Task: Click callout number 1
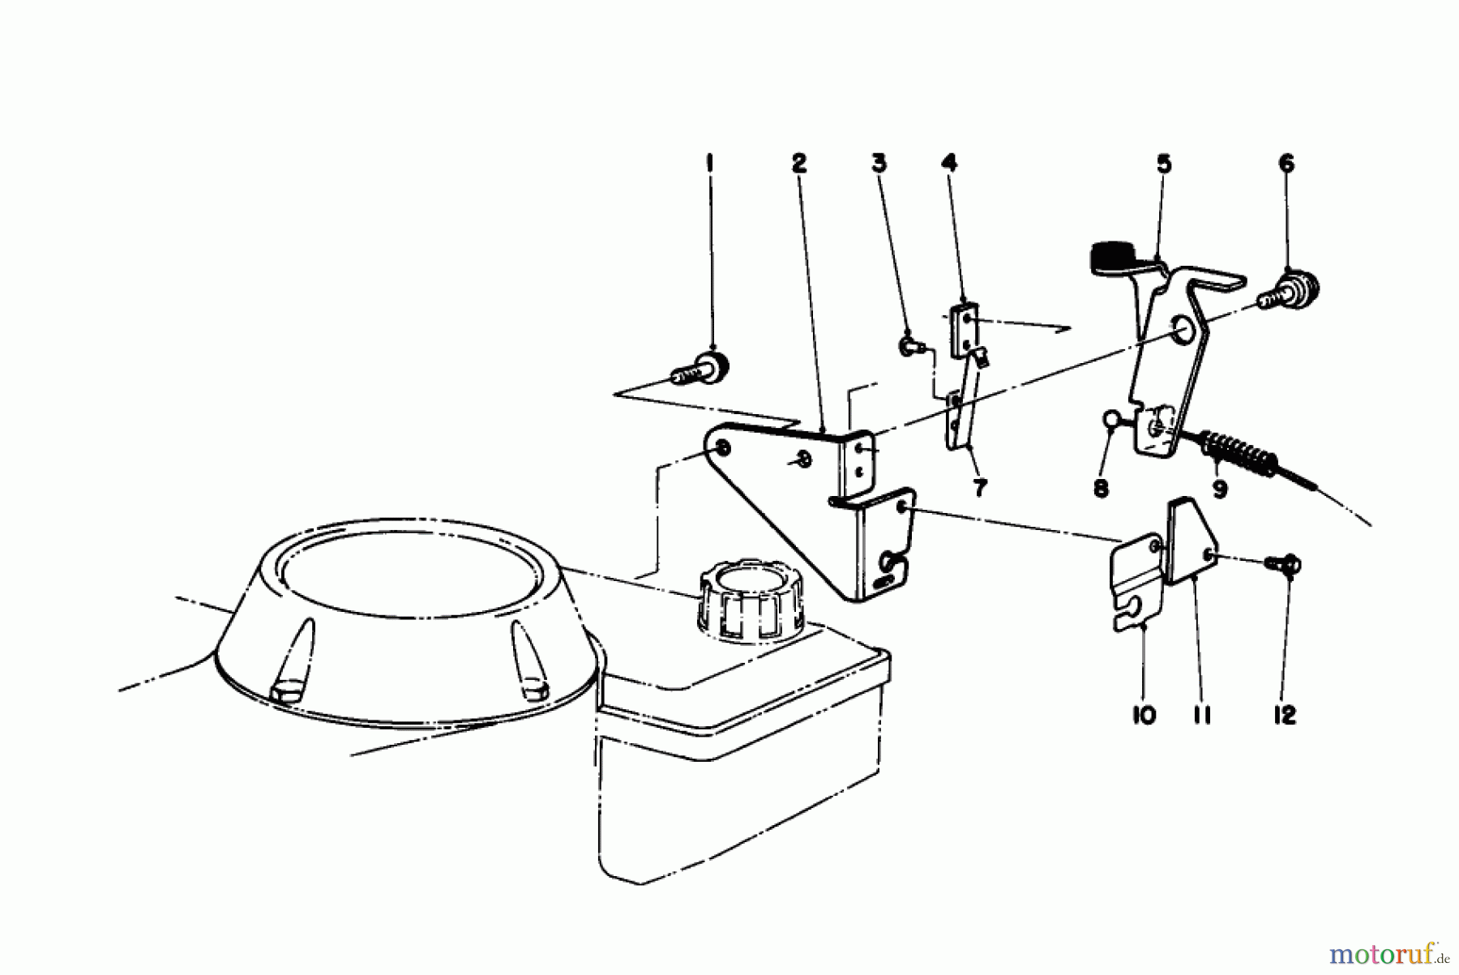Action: (710, 164)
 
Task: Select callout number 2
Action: (799, 164)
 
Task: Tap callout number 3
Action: (879, 164)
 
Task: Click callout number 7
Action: (979, 489)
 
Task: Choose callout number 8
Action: (1101, 489)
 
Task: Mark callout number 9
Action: (1220, 489)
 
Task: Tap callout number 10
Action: (1144, 716)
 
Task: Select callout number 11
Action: (1202, 716)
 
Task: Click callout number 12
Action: (1286, 716)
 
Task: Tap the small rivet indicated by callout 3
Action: (909, 346)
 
